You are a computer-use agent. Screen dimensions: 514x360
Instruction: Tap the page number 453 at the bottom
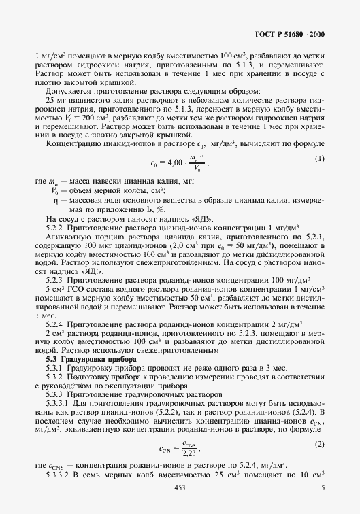[x=180, y=487]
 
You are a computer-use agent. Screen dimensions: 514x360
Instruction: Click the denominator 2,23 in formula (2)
[x=191, y=452]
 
